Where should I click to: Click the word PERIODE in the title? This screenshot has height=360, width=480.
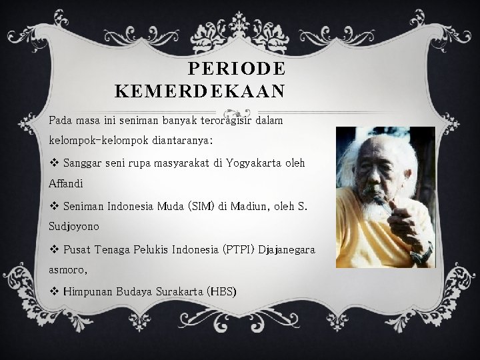click(237, 69)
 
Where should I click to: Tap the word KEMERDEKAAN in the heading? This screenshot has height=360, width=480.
click(200, 90)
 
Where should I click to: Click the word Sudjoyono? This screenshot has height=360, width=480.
click(74, 226)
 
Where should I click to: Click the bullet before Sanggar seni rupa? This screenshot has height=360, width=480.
click(53, 162)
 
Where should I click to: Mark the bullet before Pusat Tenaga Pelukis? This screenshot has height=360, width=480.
click(53, 249)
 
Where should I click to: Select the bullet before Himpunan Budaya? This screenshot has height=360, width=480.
click(53, 291)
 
